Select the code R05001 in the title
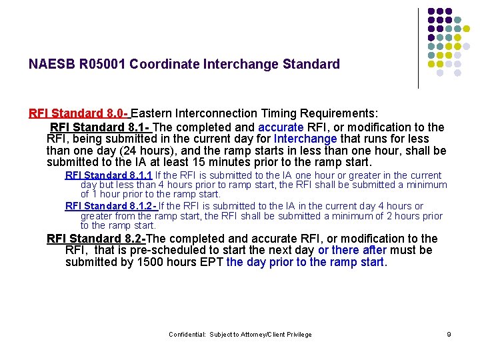click(x=105, y=65)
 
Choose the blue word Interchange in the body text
click(x=305, y=139)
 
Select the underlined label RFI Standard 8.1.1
click(x=109, y=175)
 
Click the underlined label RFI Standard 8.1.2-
click(x=110, y=207)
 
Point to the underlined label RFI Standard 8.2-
click(x=95, y=239)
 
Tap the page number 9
click(x=449, y=335)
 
